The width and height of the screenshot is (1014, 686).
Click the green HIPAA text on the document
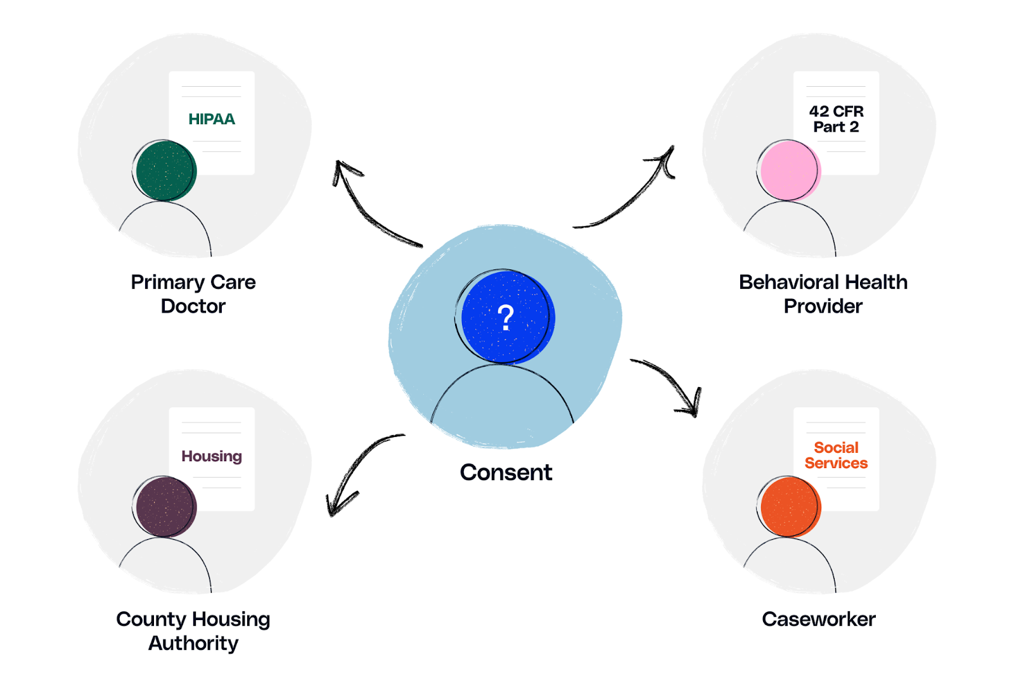pos(212,119)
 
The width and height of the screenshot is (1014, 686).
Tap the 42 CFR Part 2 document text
pos(836,119)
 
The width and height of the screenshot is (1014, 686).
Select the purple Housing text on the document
pos(212,456)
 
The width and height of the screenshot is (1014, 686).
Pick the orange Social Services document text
pos(836,455)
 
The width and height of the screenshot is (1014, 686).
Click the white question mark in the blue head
pos(506,317)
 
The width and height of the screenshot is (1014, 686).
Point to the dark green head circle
pos(166,171)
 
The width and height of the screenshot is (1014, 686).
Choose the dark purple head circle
pos(166,507)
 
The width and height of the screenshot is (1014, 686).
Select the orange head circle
pos(790,507)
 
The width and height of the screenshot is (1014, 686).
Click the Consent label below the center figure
pos(506,473)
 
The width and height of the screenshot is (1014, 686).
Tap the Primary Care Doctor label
pos(193,294)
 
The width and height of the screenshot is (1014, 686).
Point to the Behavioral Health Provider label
pos(823,294)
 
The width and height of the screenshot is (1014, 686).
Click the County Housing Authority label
pos(193,631)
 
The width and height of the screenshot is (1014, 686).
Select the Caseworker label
pos(818,619)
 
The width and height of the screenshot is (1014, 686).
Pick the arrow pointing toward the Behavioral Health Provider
pos(634,196)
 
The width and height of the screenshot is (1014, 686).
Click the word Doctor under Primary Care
pos(193,306)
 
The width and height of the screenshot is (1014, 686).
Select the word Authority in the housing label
pos(193,643)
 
